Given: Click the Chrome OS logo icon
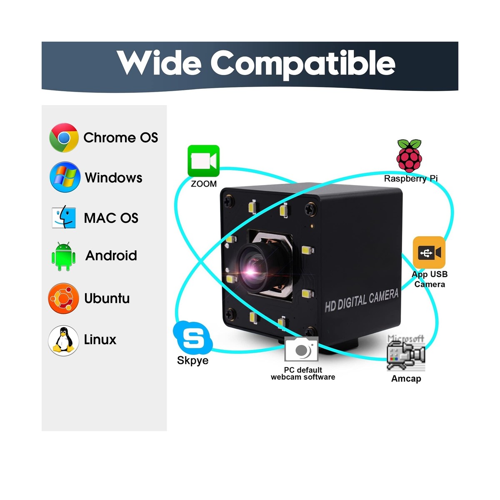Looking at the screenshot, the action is click(x=64, y=137).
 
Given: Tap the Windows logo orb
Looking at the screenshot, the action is click(x=65, y=177).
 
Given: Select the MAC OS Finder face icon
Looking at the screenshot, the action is click(x=64, y=217).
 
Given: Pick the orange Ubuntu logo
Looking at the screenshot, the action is click(x=63, y=298).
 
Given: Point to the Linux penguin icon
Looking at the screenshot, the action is click(x=63, y=340).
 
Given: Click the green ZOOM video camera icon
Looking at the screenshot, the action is click(x=203, y=161).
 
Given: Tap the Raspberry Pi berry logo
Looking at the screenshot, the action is click(x=409, y=155).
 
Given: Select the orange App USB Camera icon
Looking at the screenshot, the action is click(x=429, y=252).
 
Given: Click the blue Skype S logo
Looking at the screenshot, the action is click(x=192, y=338).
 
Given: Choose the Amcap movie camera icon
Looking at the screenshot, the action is click(x=405, y=353).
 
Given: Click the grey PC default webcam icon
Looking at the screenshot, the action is click(x=302, y=350).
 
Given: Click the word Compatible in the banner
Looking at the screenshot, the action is click(x=302, y=64).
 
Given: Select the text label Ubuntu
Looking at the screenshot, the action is click(x=107, y=298).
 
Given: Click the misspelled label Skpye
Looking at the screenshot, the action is click(x=192, y=360).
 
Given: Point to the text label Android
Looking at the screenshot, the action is click(x=111, y=255).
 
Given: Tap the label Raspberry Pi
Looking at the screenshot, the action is click(x=410, y=179).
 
